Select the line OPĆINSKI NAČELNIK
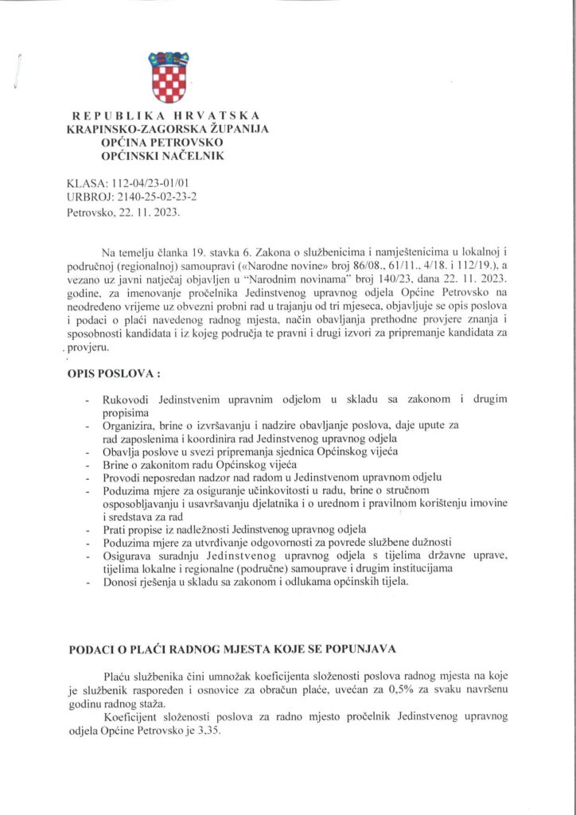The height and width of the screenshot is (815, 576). point(169,155)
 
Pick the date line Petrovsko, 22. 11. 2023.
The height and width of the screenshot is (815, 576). point(123,213)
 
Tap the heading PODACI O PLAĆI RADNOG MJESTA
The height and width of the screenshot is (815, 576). point(231,650)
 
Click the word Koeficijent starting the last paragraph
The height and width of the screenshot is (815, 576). point(132,718)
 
